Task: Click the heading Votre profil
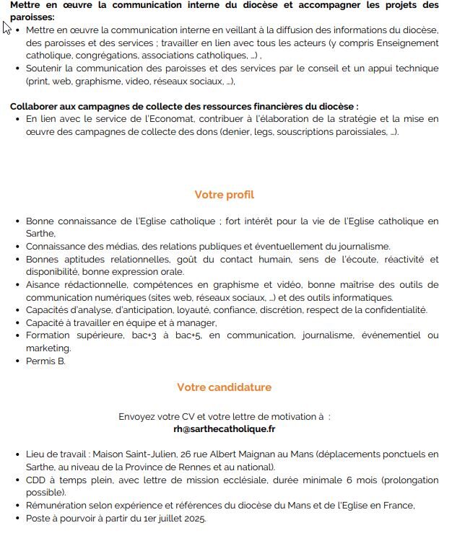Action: (224, 195)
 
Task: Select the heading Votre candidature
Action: (224, 387)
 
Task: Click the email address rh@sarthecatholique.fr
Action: (225, 428)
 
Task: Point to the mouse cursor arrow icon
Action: (6, 27)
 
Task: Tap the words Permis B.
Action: (45, 361)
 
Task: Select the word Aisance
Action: (44, 285)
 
